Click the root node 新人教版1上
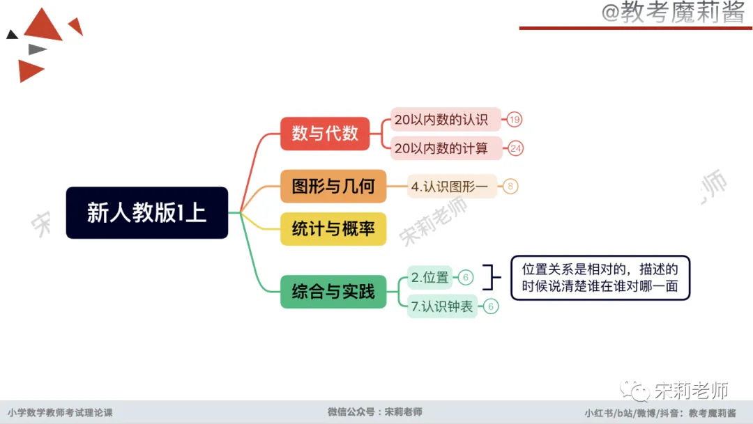tap(146, 212)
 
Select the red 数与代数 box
tap(325, 133)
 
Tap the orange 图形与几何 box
tap(333, 186)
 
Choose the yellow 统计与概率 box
tap(333, 228)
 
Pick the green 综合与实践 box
tap(333, 292)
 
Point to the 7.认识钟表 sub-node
tap(442, 306)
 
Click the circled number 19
tap(515, 120)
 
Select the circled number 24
tap(516, 148)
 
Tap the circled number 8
tap(510, 187)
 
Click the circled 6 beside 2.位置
tap(466, 278)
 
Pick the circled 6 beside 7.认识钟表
tap(491, 306)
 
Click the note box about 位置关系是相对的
tap(600, 277)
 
